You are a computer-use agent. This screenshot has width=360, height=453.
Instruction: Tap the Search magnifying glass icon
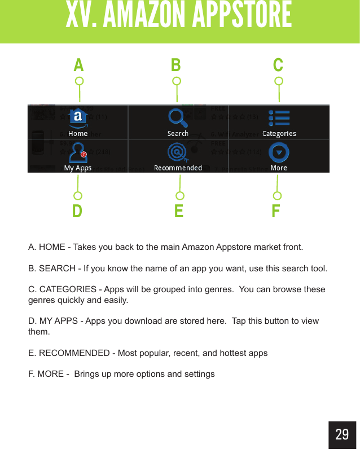[178, 118]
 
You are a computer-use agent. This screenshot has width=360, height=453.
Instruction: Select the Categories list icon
[279, 118]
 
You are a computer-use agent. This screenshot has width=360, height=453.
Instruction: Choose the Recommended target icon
[178, 152]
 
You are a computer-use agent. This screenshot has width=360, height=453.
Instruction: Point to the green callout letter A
[78, 65]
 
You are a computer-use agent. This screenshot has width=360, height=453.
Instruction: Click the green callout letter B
[176, 65]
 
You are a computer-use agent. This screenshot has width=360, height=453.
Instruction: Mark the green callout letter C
[278, 65]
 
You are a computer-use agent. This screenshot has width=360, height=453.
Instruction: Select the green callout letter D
[77, 212]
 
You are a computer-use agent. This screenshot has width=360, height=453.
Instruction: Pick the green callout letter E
[179, 212]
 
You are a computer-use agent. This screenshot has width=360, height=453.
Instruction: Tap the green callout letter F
[276, 212]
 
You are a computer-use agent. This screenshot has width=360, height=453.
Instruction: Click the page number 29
[342, 434]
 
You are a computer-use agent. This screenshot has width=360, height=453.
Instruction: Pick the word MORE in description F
[50, 374]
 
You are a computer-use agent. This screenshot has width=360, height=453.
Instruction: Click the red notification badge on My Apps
[84, 153]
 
